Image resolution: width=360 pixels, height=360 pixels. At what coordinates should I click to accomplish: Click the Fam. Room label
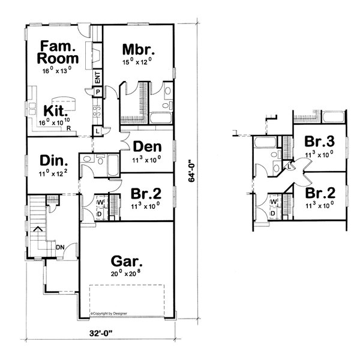[57, 52]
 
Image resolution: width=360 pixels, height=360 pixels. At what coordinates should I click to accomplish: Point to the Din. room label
[53, 160]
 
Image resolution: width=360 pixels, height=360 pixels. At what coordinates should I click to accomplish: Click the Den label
[146, 146]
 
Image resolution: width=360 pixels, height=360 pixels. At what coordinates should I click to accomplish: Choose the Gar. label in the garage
[127, 262]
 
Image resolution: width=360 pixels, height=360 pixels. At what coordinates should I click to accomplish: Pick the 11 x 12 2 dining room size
[53, 173]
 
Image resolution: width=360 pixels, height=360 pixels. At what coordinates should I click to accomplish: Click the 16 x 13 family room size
[57, 70]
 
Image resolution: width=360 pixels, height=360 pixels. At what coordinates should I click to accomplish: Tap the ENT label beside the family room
[97, 77]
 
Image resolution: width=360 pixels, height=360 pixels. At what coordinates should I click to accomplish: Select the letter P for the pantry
[97, 91]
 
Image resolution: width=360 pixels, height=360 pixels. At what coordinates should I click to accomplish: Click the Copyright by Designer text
[112, 313]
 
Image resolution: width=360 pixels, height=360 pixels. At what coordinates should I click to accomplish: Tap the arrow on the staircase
[37, 229]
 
